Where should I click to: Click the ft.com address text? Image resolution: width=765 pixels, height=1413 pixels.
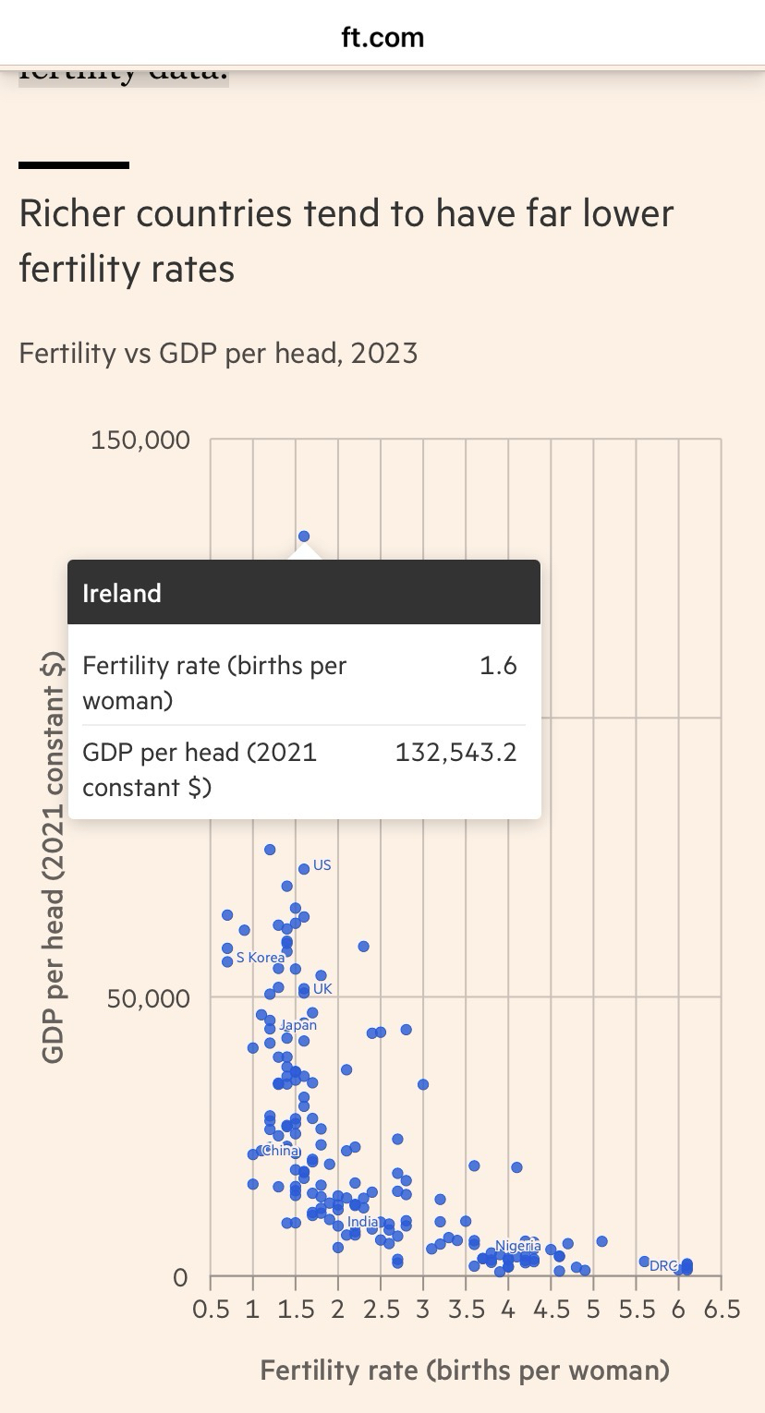coord(382,37)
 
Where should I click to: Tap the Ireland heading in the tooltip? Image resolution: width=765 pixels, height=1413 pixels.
coord(122,593)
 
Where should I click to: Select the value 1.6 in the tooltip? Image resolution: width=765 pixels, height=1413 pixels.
coord(498,666)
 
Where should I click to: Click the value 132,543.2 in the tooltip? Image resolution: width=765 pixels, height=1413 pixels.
coord(455,753)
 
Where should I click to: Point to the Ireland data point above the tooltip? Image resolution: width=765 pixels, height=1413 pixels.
coord(304,536)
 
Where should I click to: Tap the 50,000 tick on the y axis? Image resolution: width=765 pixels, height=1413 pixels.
coord(148,998)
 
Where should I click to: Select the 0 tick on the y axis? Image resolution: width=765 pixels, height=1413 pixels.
coord(180,1277)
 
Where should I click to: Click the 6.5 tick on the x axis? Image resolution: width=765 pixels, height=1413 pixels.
coord(721,1310)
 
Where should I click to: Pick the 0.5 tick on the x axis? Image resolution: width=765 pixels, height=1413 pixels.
coord(211,1310)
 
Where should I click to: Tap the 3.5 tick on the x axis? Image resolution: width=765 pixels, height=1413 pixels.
coord(466,1310)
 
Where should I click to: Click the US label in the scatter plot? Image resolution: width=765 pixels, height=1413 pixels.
coord(322,865)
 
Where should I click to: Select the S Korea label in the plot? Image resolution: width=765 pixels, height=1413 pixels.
coord(261,958)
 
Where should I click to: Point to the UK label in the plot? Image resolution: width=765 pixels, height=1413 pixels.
coord(322,988)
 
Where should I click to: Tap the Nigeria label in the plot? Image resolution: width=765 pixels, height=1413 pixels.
coord(517,1246)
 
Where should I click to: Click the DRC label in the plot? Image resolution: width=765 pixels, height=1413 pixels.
coord(663,1265)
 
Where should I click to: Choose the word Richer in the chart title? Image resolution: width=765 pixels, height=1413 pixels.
coord(73,213)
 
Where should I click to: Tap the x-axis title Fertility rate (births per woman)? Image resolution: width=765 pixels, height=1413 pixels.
coord(465,1370)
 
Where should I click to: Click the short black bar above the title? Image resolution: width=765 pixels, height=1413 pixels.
coord(74,165)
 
